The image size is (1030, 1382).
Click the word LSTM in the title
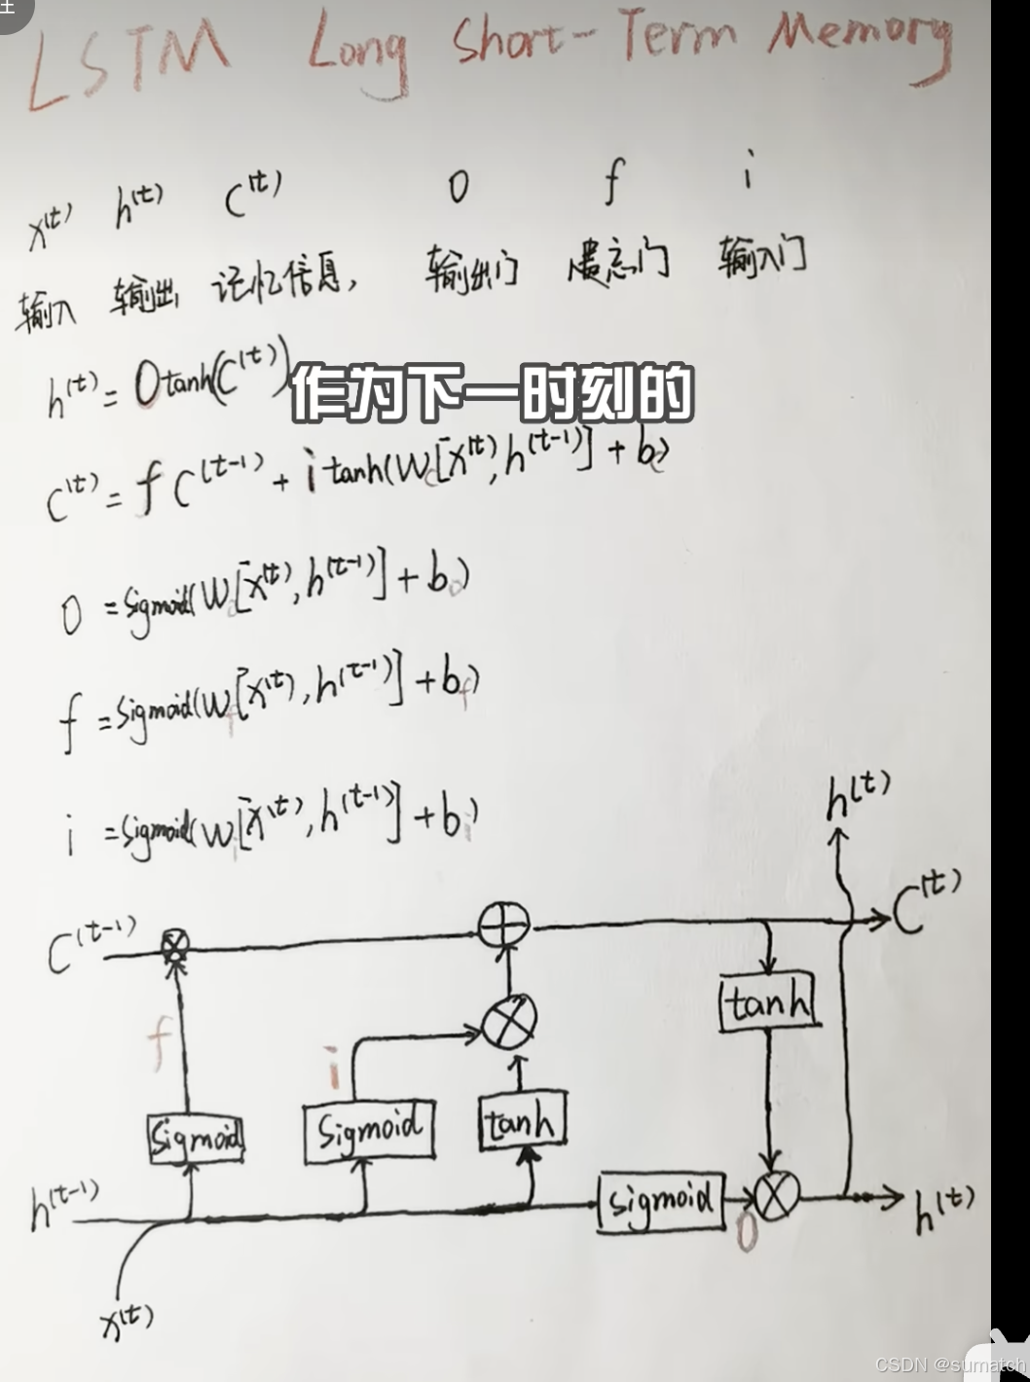(x=127, y=60)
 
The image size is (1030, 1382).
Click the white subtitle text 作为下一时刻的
(x=492, y=394)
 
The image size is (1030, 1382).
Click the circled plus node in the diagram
(x=504, y=925)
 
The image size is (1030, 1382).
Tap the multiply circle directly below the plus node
(x=510, y=1021)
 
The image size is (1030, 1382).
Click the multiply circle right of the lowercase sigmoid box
(x=776, y=1196)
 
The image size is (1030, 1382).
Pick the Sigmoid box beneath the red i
(x=369, y=1132)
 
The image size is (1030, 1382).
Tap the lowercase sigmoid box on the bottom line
(x=662, y=1201)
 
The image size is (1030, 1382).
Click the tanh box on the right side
(x=769, y=1003)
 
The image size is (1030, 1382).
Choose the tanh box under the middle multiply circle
(x=522, y=1123)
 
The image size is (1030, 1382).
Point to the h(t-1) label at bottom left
(x=63, y=1207)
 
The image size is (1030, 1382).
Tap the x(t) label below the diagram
(x=127, y=1322)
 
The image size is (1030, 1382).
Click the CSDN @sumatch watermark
(x=949, y=1364)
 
